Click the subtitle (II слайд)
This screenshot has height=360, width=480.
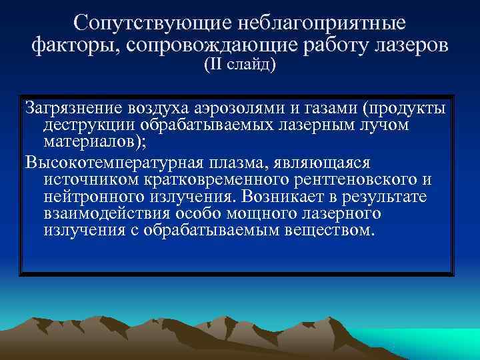[x=239, y=67]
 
